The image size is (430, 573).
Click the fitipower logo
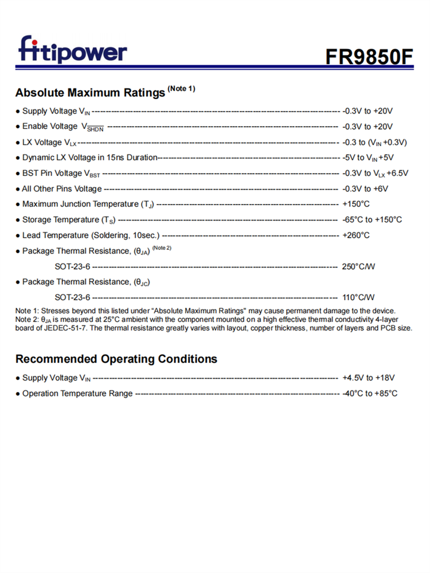72,50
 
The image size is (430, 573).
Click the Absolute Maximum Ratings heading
90,92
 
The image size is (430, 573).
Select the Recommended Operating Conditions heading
116,359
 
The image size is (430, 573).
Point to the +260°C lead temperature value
356,236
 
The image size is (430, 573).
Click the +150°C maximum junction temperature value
356,204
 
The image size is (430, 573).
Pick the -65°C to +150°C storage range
372,219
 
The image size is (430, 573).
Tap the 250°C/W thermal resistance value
358,266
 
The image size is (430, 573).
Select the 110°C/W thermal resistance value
358,297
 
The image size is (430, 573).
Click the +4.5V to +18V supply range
369,378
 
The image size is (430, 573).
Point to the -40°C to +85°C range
370,394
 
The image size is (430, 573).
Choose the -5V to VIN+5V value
368,158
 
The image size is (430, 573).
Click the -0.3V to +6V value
365,189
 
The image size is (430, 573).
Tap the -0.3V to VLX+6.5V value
375,173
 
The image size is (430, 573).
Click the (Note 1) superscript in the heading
181,88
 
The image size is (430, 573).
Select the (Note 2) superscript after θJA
162,248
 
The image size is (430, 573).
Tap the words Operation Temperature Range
77,394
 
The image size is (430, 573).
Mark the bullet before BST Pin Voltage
18,173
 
